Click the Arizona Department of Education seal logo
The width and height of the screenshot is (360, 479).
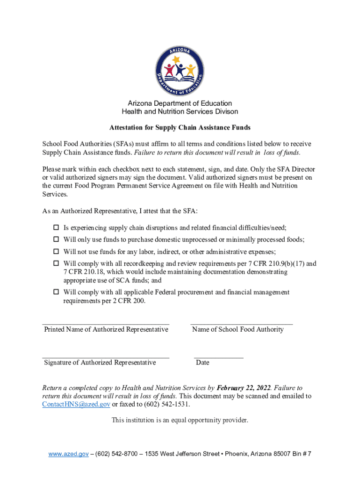pos(180,70)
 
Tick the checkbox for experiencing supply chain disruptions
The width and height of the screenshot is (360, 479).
pos(56,228)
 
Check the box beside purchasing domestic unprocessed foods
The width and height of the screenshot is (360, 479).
pos(56,239)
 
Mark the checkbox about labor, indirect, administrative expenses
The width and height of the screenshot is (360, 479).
pos(56,251)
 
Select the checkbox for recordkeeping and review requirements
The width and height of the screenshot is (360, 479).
pos(56,263)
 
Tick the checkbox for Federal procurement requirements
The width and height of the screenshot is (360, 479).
pos(56,292)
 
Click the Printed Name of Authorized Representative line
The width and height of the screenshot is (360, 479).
pos(106,323)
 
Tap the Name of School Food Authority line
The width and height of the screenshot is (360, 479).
pos(242,323)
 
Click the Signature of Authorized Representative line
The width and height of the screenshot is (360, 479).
pos(106,356)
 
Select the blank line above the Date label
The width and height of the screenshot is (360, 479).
pos(219,356)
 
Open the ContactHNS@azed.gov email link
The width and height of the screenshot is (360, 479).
pos(76,404)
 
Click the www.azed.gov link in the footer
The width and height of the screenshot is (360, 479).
pos(69,454)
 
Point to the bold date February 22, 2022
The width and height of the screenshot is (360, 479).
pos(243,388)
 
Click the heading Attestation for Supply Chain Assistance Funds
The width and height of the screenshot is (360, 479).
pos(180,127)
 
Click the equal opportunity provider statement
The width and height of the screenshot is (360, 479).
pos(180,420)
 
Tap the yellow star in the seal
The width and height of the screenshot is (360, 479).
pos(176,59)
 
